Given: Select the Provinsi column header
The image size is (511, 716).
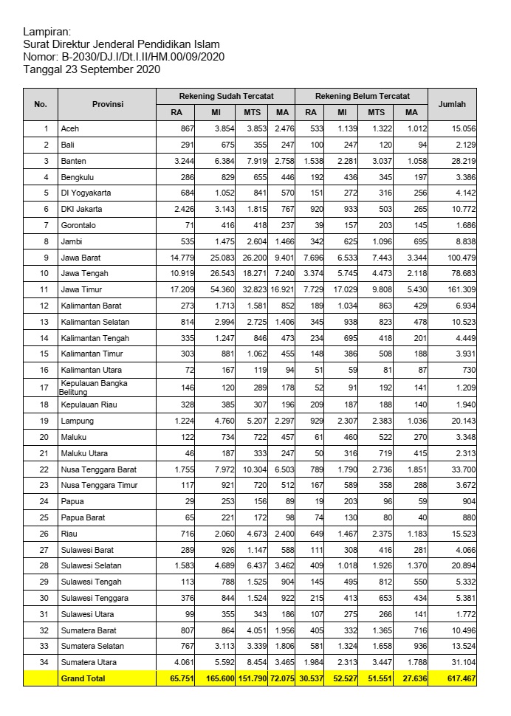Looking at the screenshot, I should pos(107,104).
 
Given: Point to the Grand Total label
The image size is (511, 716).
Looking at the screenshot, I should pos(83,678).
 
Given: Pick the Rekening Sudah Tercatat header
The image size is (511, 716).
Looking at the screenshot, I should pos(225,97).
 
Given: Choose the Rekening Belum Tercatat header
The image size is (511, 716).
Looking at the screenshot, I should pos(361,97).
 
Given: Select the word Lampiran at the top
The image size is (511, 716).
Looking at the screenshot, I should pos(47,32).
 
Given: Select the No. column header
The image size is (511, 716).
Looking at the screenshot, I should pos(41,104).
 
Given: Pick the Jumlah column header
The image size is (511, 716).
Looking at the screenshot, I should pos(452,104).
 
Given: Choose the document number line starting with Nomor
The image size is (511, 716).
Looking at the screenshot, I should pos(124,57).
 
